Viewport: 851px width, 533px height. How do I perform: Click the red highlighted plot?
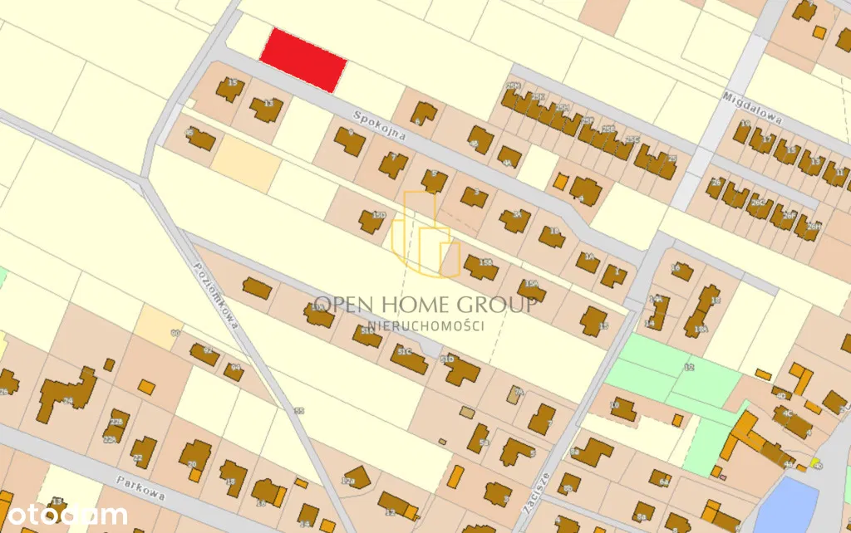pyautogui.click(x=303, y=58)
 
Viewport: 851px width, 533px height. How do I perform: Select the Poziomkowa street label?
pyautogui.click(x=215, y=296)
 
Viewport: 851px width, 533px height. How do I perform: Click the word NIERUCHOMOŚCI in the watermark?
pyautogui.click(x=425, y=326)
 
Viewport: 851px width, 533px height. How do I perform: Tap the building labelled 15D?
pyautogui.click(x=371, y=220)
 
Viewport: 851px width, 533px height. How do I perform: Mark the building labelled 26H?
pyautogui.click(x=806, y=226)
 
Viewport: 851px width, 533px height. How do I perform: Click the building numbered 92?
pyautogui.click(x=204, y=354)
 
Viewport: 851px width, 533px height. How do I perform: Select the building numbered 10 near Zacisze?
pyautogui.click(x=622, y=408)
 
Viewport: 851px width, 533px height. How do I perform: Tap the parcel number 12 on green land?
pyautogui.click(x=688, y=366)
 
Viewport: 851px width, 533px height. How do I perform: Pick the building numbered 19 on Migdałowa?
pyautogui.click(x=741, y=130)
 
